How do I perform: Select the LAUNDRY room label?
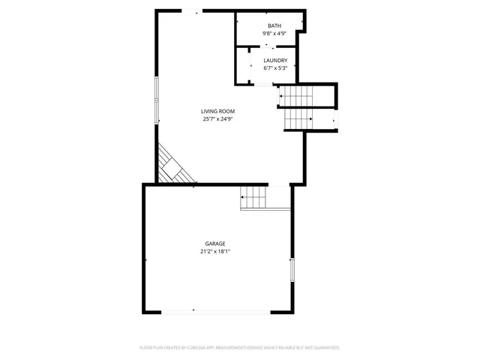[x=275, y=61]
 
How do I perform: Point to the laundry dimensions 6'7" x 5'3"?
[x=275, y=68]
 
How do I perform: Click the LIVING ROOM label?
[x=217, y=111]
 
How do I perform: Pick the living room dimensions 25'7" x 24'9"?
[x=217, y=118]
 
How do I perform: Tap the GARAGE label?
[x=215, y=244]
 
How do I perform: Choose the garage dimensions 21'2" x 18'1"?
[x=215, y=251]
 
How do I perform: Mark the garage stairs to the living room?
[x=253, y=198]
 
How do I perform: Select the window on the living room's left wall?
[x=157, y=99]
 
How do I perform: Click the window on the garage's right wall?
[x=292, y=269]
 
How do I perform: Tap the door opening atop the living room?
[x=193, y=10]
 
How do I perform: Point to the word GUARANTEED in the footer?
[x=323, y=348]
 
